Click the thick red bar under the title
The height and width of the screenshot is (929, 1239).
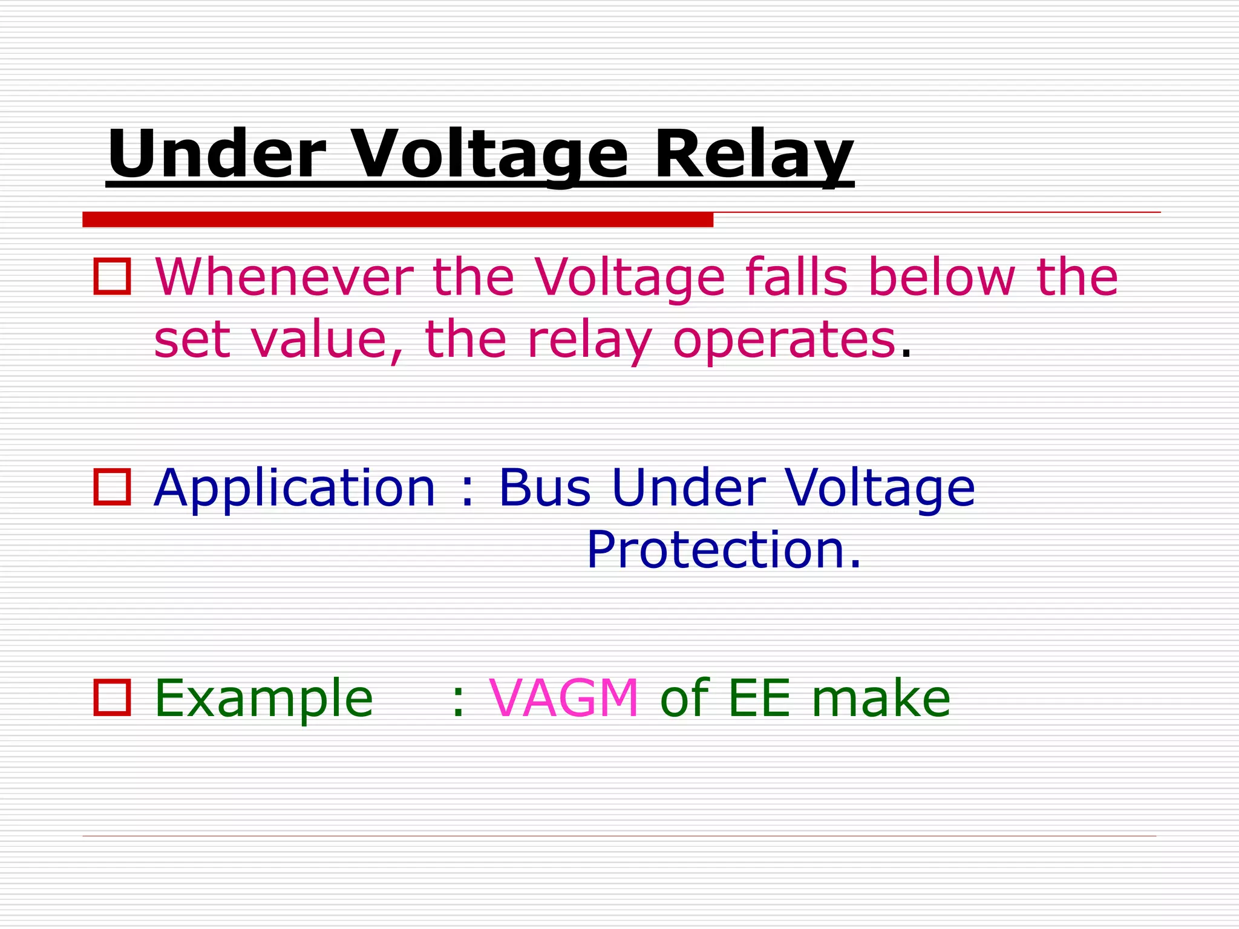(397, 220)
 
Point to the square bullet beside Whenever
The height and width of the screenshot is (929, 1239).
(112, 277)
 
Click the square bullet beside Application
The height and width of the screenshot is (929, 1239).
(112, 487)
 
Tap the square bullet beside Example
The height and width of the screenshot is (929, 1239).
(112, 697)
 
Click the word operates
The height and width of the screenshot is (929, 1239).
(784, 340)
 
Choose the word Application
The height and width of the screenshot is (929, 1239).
(295, 488)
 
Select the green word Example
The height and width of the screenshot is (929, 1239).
(264, 699)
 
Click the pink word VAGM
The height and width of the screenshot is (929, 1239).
(564, 698)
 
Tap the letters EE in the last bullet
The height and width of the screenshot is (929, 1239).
(759, 698)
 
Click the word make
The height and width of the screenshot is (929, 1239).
(881, 698)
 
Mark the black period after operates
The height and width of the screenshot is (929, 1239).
(905, 354)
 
